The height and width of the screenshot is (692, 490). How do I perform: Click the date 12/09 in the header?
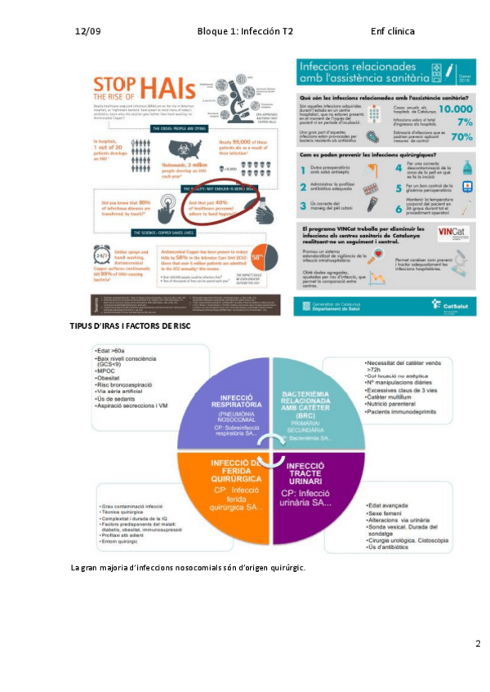pyautogui.click(x=87, y=32)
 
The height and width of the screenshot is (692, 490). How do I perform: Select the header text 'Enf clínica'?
pyautogui.click(x=392, y=32)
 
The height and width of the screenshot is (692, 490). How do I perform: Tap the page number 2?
pyautogui.click(x=478, y=644)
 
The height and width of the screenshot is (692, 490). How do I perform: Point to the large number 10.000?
pyautogui.click(x=443, y=109)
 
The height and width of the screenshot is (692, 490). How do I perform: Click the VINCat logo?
pyautogui.click(x=453, y=233)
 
